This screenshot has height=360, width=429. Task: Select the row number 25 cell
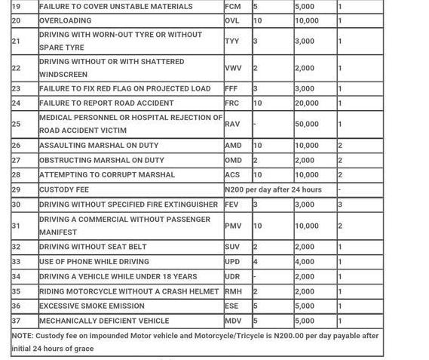[x=17, y=124]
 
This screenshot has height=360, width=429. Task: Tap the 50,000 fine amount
[x=306, y=124]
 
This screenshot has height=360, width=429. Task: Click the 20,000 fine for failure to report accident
[x=306, y=103]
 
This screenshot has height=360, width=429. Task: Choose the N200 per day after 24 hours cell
[x=273, y=189]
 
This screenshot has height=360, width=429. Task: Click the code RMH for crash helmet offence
[x=233, y=291]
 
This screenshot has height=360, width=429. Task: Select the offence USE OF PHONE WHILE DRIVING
[x=94, y=262]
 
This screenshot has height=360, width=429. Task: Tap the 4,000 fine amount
[x=304, y=262]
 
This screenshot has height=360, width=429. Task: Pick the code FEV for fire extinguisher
[x=231, y=205]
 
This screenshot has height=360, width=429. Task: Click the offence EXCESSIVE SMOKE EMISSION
[x=92, y=306]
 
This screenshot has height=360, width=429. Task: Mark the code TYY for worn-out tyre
[x=231, y=42]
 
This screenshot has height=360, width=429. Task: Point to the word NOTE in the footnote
[x=23, y=336]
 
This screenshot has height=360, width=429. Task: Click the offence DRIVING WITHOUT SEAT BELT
[x=93, y=247]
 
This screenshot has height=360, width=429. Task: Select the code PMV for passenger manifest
[x=233, y=226]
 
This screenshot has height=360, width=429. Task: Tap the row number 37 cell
[x=17, y=321]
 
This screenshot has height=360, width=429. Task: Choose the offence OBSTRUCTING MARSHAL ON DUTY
[x=102, y=160]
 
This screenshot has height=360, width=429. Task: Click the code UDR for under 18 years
[x=232, y=277]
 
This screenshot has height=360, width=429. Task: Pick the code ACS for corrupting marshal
[x=232, y=174]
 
